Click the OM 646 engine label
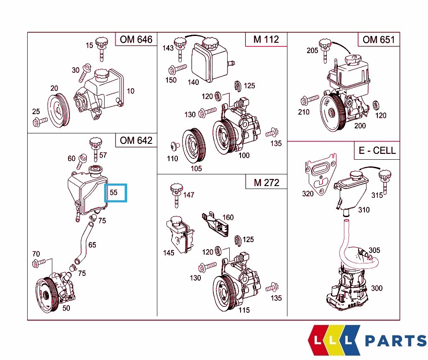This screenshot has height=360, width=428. pyautogui.click(x=136, y=40)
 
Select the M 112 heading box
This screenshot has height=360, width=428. pyautogui.click(x=266, y=40)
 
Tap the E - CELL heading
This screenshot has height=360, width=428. pyautogui.click(x=377, y=151)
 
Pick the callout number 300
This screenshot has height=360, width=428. pyautogui.click(x=377, y=288)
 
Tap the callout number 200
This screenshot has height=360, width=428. pyautogui.click(x=360, y=125)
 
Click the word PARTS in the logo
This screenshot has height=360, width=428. pyautogui.click(x=395, y=341)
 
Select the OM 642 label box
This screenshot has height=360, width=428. pyautogui.click(x=136, y=140)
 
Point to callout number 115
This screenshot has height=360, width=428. pyautogui.click(x=244, y=310)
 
